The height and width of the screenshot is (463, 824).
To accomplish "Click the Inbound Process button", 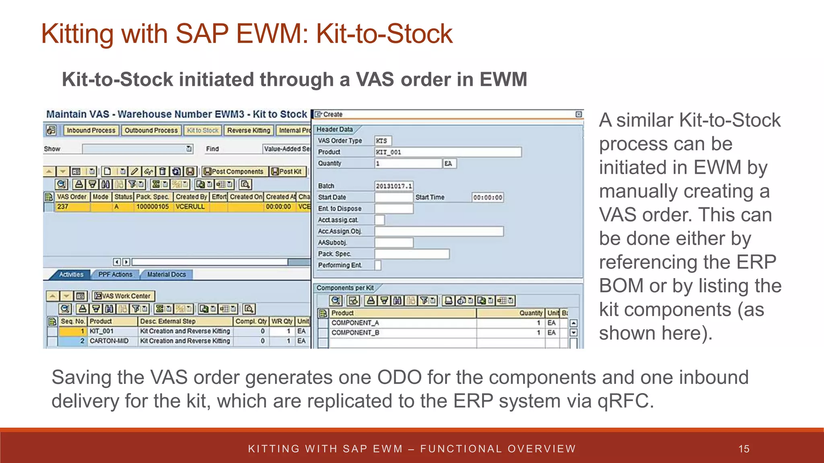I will [x=91, y=130].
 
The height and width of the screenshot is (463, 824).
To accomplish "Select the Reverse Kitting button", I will [x=248, y=130].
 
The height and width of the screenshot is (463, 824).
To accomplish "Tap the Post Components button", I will [x=234, y=172].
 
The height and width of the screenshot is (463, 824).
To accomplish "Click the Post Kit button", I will [x=287, y=172].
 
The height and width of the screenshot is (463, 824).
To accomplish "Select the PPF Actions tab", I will [x=115, y=275].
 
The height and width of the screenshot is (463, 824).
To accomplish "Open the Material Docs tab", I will [x=166, y=275].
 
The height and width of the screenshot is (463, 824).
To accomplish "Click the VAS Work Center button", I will [x=123, y=296].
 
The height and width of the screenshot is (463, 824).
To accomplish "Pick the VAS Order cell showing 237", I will [x=72, y=207].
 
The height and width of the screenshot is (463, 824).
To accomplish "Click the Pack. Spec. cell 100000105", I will [x=152, y=207].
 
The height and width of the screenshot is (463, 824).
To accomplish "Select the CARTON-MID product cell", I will [x=109, y=341].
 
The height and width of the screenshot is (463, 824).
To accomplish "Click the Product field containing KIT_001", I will [x=447, y=152].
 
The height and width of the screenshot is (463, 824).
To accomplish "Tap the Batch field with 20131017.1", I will [x=393, y=186].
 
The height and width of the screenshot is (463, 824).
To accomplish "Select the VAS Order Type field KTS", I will [x=383, y=141].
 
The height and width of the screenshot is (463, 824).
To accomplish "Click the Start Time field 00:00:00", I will [x=487, y=197].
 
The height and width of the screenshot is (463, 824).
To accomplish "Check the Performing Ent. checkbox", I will [x=377, y=265].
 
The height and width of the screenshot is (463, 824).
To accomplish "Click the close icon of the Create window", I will [x=579, y=115].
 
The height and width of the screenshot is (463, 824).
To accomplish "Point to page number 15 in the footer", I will [x=744, y=449].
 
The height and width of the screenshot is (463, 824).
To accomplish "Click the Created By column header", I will [x=191, y=197].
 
